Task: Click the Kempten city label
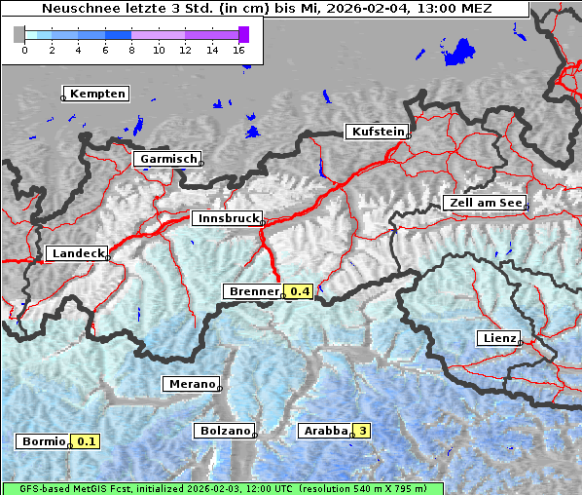pos(96,94)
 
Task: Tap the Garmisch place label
pos(168,159)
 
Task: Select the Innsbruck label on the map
pos(227,219)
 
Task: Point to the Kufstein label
pos(377,132)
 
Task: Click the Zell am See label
pos(484,203)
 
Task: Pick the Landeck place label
pos(77,253)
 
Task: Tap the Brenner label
pos(253,291)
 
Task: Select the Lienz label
pos(497,338)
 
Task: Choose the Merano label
pos(190,384)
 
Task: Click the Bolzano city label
pos(224,431)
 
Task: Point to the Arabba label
pos(324,431)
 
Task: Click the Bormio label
pos(43,441)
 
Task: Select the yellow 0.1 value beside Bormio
pos(87,441)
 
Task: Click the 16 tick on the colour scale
pos(239,50)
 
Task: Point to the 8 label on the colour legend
pos(131,50)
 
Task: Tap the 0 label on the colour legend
pos(23,50)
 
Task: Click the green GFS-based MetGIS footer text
pos(222,488)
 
